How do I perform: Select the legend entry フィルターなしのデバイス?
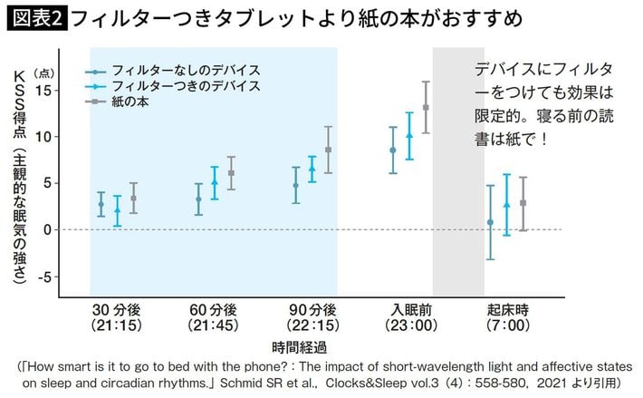tap(185, 70)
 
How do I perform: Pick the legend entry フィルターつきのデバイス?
tap(185, 85)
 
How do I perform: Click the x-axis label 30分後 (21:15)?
tap(117, 315)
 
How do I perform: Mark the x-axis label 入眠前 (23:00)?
tap(409, 315)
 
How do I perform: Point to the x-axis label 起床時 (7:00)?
tap(507, 315)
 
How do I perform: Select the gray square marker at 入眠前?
tap(426, 108)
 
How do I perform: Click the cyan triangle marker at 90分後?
tap(312, 168)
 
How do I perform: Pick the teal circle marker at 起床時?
tap(490, 222)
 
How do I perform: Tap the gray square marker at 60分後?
tap(231, 173)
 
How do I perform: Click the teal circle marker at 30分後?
tap(101, 204)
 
